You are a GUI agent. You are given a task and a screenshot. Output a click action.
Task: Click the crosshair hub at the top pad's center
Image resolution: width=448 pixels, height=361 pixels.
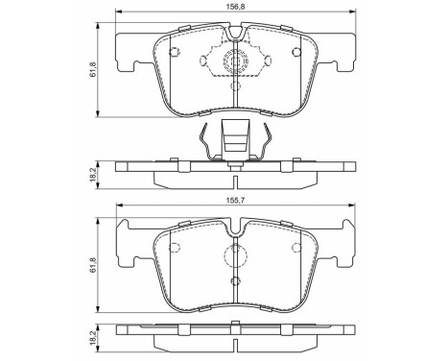coord(236,65)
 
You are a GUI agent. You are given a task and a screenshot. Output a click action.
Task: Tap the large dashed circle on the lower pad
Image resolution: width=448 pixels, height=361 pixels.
coord(236,256)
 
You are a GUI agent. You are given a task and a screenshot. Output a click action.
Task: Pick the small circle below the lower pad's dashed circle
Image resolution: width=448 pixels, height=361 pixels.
coord(236,280)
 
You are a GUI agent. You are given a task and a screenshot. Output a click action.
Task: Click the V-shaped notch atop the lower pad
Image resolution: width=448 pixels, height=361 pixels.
coord(236,228)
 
